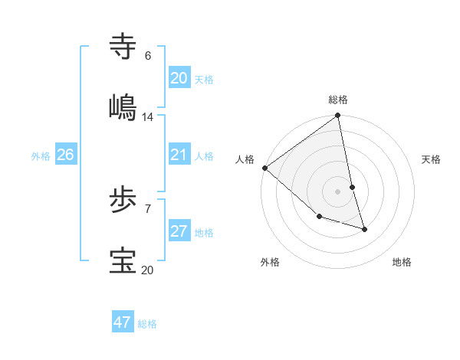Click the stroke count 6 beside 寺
(x=148, y=56)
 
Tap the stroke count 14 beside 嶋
(x=148, y=117)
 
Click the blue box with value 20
(x=179, y=78)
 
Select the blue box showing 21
(x=179, y=155)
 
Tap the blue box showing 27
(x=179, y=231)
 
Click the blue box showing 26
(x=65, y=155)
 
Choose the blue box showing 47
(x=122, y=322)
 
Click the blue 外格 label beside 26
(x=41, y=156)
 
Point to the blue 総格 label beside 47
(x=147, y=324)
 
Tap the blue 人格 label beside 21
(x=204, y=156)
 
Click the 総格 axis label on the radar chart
(x=338, y=100)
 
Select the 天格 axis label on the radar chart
(x=432, y=159)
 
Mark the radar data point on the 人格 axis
(x=264, y=168)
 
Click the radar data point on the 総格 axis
(x=338, y=116)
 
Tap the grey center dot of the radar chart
(x=338, y=191)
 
